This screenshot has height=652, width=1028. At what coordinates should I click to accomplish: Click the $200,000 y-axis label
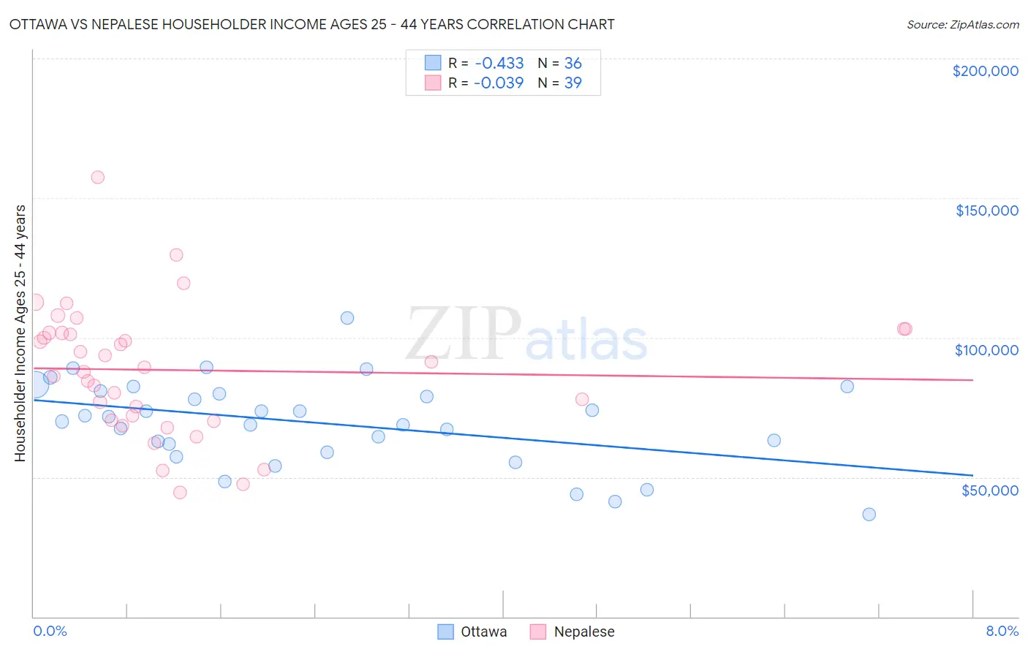pos(985,71)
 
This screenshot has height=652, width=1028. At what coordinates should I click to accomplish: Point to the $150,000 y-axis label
pos(986,211)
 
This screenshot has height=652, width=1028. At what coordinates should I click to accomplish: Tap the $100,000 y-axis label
pos(986,350)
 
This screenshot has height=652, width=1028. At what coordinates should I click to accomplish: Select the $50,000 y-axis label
pos(989,490)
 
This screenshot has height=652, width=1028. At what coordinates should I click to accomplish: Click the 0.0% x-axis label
pos(50,632)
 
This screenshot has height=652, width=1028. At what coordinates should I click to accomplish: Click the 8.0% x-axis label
pos(1002,632)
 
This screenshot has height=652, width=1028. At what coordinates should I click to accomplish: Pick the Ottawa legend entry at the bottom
pos(472,632)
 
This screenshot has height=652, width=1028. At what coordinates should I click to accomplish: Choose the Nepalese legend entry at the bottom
pos(572,632)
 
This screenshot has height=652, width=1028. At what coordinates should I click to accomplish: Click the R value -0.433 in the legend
pos(499,63)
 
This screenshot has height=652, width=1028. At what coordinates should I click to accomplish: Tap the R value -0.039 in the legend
pos(499,83)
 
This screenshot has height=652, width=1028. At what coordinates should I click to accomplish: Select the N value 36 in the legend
pos(572,63)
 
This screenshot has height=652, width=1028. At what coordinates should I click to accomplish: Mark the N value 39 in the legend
pos(572,83)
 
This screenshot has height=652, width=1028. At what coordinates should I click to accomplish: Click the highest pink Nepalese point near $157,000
pos(97,177)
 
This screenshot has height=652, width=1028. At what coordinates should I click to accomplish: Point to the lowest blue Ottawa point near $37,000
pos(869,514)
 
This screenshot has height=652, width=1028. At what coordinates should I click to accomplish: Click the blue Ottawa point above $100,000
pos(347,318)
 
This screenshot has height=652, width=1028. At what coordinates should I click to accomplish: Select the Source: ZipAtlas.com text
pos(962,25)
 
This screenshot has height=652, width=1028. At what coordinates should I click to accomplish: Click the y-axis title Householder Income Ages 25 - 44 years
pos(20,333)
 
